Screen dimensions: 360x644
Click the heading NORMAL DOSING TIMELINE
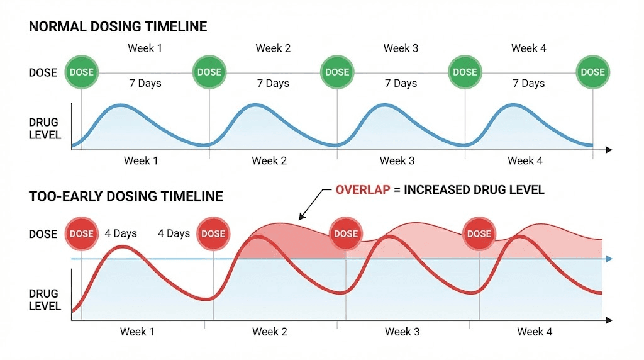[x=118, y=27]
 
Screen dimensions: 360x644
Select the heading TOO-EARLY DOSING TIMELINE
[x=126, y=196]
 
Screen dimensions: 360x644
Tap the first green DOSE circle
[x=81, y=72]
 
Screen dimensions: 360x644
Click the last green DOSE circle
[x=592, y=72]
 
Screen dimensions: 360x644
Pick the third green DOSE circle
[x=337, y=72]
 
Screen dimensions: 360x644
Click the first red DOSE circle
[x=81, y=233]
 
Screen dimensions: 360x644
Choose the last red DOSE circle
[x=479, y=233]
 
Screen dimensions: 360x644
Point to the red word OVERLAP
[x=364, y=189]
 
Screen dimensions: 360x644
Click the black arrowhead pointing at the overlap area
[x=301, y=218]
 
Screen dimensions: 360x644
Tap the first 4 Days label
[x=121, y=233]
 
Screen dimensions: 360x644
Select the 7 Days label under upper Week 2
[x=273, y=83]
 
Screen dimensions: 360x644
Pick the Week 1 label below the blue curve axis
[x=141, y=161]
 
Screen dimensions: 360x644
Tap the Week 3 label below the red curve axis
[x=402, y=332]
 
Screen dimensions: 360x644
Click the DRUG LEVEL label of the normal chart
[x=45, y=128]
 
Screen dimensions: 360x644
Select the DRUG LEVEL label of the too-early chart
[x=45, y=300]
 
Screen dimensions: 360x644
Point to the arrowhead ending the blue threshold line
[x=608, y=259]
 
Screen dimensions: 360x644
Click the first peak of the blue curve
[x=121, y=105]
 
